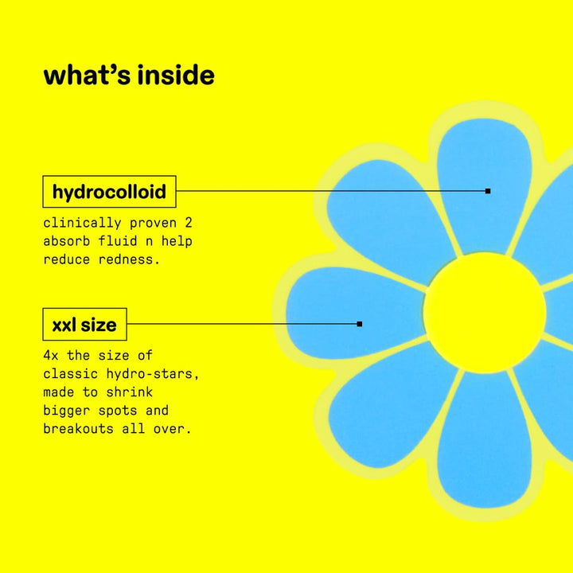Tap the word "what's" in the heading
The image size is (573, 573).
click(x=87, y=75)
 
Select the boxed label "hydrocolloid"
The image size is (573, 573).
click(x=109, y=192)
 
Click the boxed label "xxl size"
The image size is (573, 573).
click(x=85, y=324)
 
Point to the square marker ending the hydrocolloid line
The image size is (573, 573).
click(x=488, y=191)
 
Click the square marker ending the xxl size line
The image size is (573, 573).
click(x=360, y=324)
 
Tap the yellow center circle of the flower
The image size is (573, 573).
click(x=485, y=313)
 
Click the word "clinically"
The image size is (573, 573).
click(x=82, y=224)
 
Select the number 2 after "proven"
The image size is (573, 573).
click(x=188, y=223)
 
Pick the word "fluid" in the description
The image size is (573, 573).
click(x=112, y=241)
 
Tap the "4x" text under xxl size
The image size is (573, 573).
click(x=51, y=355)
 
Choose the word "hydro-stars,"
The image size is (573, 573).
click(x=153, y=374)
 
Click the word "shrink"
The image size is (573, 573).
click(x=130, y=392)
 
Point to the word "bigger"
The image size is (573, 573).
click(x=67, y=411)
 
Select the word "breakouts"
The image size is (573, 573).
click(x=78, y=429)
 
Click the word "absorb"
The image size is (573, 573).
click(x=67, y=241)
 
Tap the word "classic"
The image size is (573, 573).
click(x=71, y=374)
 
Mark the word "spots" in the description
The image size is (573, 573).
click(x=118, y=411)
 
